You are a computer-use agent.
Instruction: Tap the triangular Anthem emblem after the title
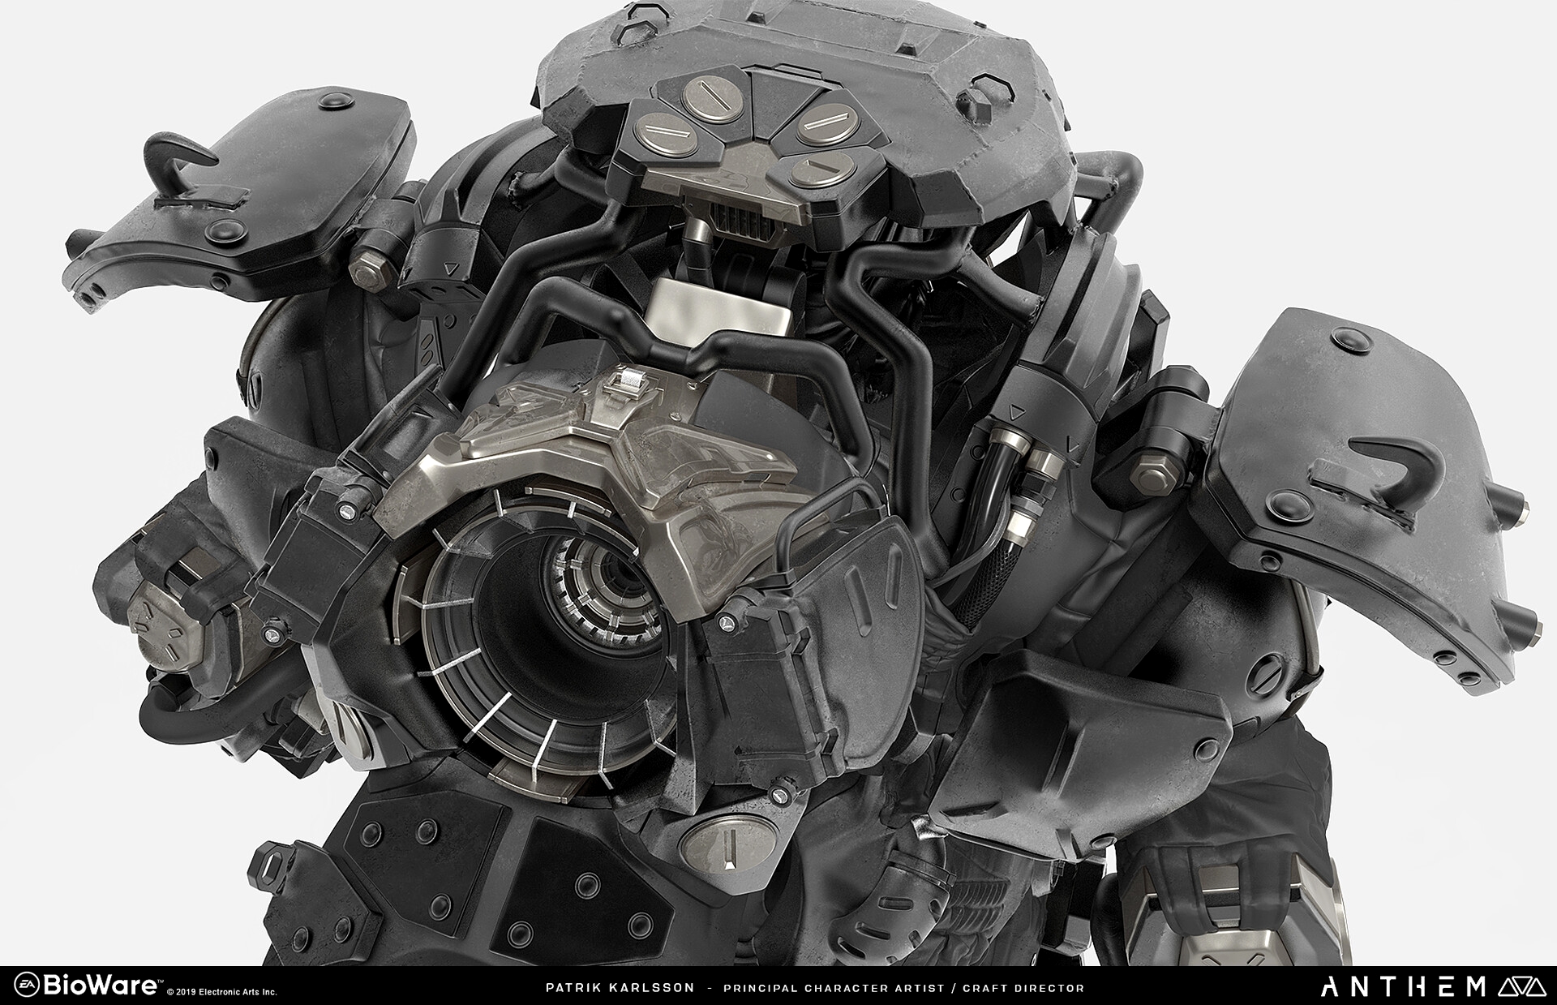(x=1517, y=986)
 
